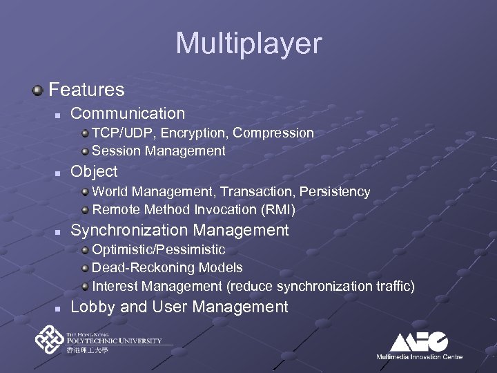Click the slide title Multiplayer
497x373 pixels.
[248, 44]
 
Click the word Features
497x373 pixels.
[87, 90]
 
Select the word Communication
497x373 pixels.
[128, 113]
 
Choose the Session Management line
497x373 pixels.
[159, 151]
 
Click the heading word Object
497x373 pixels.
[94, 171]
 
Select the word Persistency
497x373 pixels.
[336, 191]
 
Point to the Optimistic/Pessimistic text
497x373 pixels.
[159, 249]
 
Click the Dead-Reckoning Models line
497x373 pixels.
[167, 267]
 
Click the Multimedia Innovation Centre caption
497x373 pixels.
[419, 356]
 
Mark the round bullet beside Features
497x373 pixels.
[37, 90]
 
